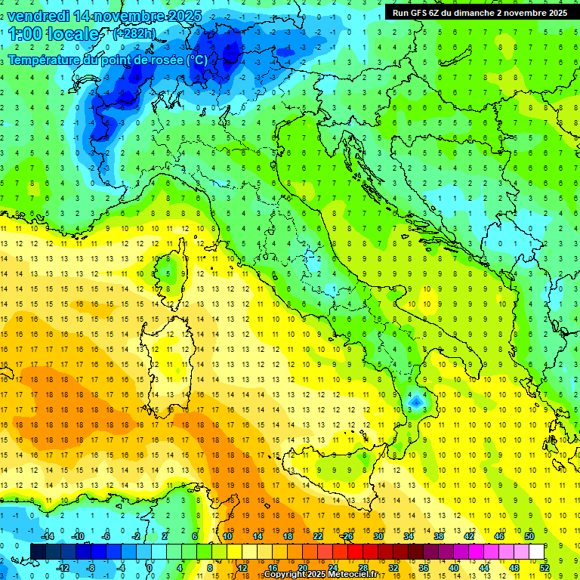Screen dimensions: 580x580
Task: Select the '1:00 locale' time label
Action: click(x=54, y=34)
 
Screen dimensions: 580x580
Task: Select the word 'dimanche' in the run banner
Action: click(x=477, y=13)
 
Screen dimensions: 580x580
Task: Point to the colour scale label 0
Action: click(x=150, y=568)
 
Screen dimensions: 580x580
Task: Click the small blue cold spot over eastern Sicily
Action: click(x=415, y=402)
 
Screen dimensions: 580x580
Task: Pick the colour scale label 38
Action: click(x=438, y=536)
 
